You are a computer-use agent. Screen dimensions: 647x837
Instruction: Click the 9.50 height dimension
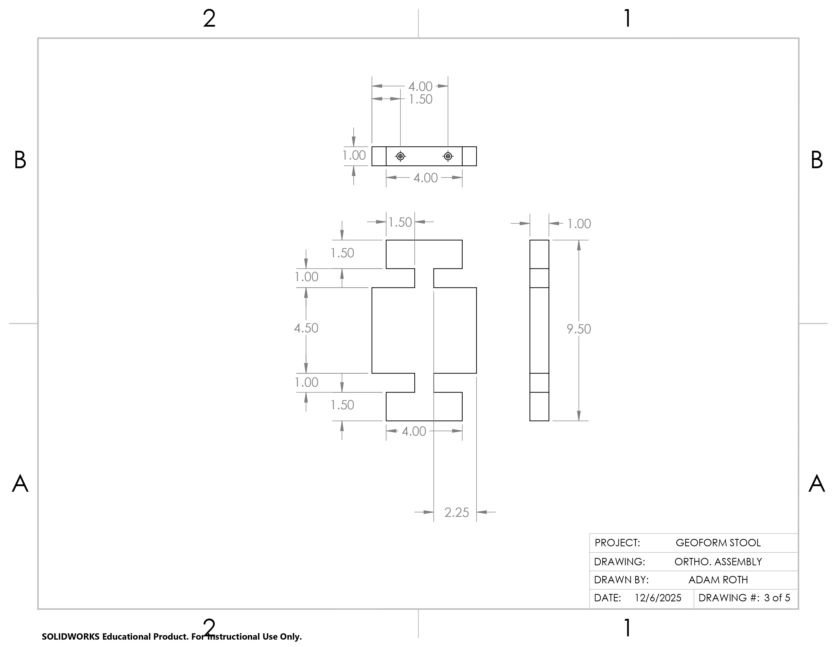pyautogui.click(x=579, y=329)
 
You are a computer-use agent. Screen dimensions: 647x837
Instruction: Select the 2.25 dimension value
pyautogui.click(x=457, y=513)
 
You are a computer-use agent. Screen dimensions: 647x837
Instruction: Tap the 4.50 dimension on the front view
pyautogui.click(x=306, y=328)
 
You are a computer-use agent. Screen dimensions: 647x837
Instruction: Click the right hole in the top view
pyautogui.click(x=448, y=156)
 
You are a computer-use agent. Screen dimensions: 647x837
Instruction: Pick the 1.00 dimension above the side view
pyautogui.click(x=579, y=224)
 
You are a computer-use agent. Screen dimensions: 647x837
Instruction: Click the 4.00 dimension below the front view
pyautogui.click(x=414, y=432)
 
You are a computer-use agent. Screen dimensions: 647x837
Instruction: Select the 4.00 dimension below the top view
pyautogui.click(x=425, y=178)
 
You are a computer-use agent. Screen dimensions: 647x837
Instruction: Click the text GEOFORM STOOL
pyautogui.click(x=718, y=543)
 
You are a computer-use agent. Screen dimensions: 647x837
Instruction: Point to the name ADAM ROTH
pyautogui.click(x=718, y=580)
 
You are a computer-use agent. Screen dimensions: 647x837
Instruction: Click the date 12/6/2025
pyautogui.click(x=658, y=598)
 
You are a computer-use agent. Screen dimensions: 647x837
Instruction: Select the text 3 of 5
pyautogui.click(x=777, y=598)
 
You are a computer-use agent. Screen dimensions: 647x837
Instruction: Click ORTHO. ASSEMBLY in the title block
pyautogui.click(x=718, y=562)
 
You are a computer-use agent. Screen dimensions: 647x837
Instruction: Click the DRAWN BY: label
pyautogui.click(x=621, y=580)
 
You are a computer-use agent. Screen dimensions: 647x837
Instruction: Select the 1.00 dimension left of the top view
pyautogui.click(x=354, y=156)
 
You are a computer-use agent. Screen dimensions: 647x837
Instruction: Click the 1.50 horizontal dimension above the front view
pyautogui.click(x=400, y=222)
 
